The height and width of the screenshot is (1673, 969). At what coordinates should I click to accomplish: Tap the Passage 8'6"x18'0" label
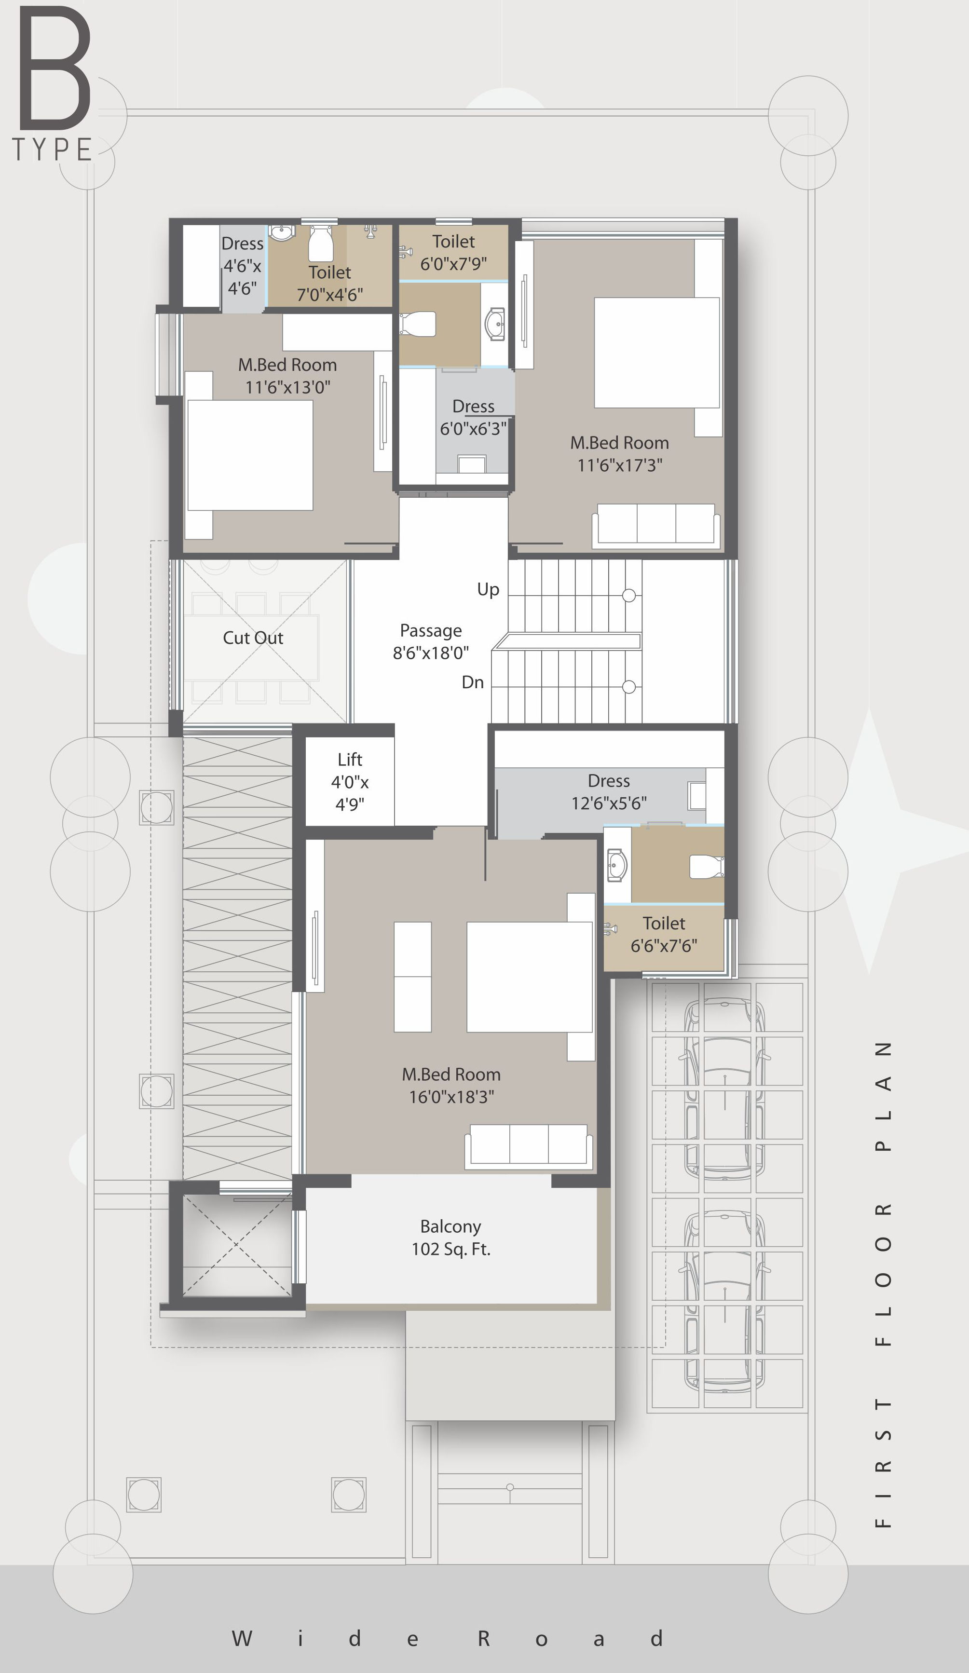click(430, 641)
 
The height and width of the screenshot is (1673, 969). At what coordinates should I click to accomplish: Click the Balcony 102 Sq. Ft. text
click(451, 1238)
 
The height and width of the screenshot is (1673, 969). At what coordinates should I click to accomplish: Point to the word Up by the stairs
click(488, 589)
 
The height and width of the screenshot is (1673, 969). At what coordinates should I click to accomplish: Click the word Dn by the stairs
click(473, 682)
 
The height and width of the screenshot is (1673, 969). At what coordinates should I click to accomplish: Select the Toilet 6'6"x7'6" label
click(664, 934)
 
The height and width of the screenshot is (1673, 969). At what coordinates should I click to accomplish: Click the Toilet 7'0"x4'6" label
click(329, 284)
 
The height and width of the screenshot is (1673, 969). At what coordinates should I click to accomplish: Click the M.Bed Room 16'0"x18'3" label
click(451, 1086)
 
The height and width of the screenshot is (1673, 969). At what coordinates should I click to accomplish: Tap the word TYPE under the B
click(52, 150)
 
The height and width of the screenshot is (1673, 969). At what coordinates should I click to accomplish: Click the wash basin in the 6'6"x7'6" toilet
click(617, 865)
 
